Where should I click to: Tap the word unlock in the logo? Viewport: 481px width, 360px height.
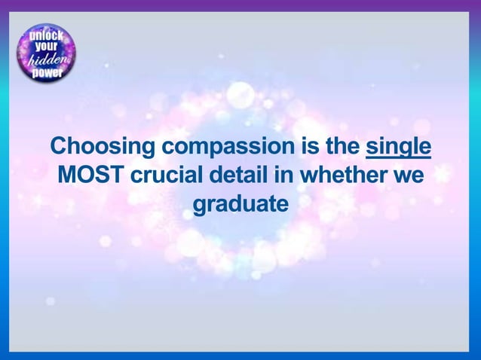point(47,35)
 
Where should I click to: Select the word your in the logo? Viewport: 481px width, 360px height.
point(47,47)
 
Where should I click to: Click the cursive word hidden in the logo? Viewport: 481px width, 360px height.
point(47,61)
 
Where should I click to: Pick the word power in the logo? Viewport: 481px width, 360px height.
point(47,74)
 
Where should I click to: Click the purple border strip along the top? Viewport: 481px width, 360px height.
point(240,5)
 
